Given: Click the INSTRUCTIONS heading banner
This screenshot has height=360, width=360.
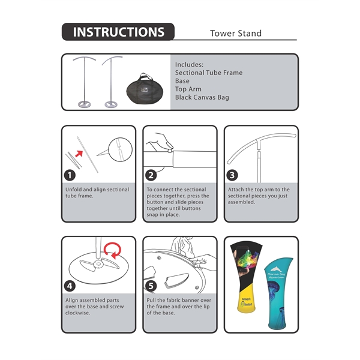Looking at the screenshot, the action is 118,32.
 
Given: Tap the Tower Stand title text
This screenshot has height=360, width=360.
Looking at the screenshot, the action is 236,34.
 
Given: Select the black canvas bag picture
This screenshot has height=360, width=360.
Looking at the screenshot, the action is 145,89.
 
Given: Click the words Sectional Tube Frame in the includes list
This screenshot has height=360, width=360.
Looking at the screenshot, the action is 209,73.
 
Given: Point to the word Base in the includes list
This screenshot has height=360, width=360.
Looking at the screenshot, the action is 182,81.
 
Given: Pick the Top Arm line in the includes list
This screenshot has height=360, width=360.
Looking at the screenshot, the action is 188,89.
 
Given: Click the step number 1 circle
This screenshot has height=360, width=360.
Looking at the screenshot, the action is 70,175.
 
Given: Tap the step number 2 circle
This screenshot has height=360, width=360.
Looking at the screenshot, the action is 151,175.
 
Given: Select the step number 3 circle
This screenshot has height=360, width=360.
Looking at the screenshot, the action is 232,175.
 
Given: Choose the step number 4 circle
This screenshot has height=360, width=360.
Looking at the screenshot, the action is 70,286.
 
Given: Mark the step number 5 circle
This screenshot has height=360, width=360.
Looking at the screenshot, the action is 151,286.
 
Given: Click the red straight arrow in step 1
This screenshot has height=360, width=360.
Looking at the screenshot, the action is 79,154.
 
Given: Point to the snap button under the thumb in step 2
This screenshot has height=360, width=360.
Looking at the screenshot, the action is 169,151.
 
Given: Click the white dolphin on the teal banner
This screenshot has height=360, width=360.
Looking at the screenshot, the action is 276,269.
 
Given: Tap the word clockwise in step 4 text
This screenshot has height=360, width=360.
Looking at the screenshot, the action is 77,313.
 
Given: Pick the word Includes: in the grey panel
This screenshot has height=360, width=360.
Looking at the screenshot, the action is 189,65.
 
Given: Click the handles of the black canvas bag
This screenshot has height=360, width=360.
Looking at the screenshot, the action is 144,76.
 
